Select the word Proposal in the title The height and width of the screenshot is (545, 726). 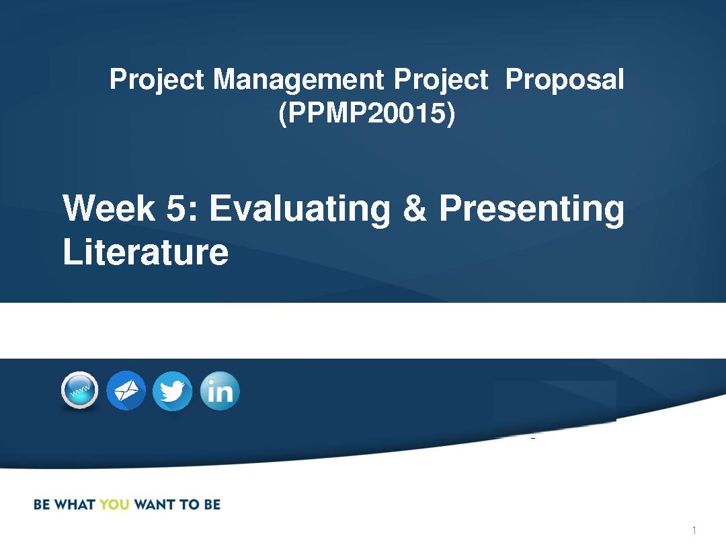point(565,79)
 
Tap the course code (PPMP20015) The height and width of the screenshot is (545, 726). point(367,113)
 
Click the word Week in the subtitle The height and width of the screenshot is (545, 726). point(109,208)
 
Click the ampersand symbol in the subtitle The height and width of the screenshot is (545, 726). point(414,208)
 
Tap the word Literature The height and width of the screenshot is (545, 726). point(145,252)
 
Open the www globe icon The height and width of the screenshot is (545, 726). point(79,391)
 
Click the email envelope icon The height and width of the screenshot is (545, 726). point(126,391)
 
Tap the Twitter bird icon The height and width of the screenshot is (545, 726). point(173,391)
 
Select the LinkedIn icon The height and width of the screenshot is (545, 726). point(220,391)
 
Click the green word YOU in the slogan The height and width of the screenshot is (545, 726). point(114,504)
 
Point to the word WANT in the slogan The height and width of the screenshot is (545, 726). point(154,504)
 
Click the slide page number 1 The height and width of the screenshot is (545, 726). point(694,530)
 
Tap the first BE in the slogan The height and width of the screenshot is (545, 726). point(42,504)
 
